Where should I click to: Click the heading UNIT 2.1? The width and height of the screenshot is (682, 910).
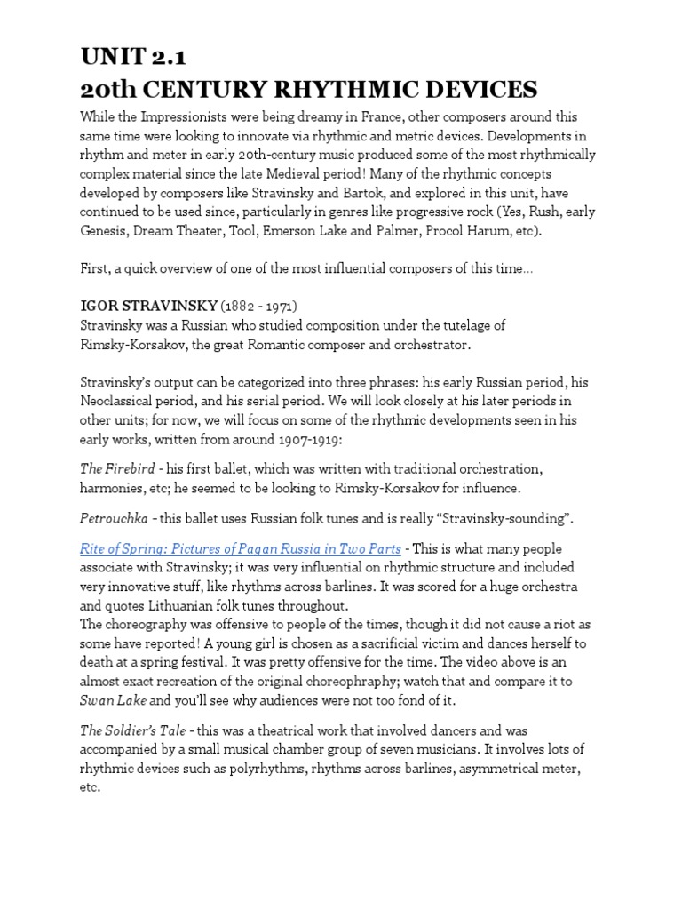133,58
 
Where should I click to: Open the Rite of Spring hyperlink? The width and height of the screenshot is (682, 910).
240,549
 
